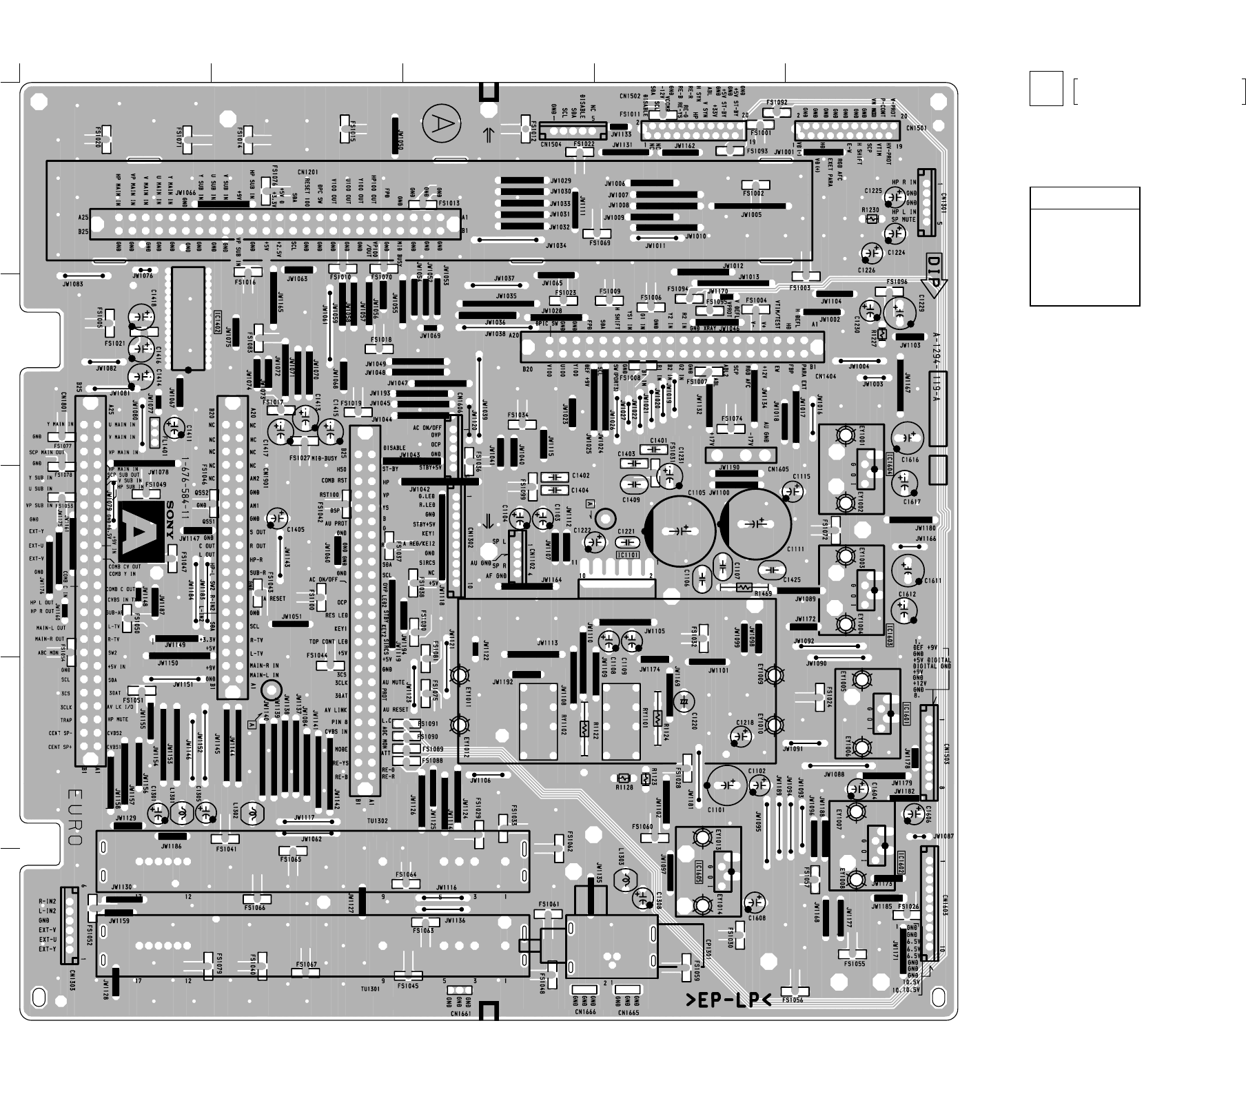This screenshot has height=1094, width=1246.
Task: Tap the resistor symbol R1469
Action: pyautogui.click(x=743, y=588)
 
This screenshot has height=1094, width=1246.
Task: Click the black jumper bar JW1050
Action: pyautogui.click(x=396, y=133)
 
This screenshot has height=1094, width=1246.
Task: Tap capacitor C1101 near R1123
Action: pyautogui.click(x=726, y=785)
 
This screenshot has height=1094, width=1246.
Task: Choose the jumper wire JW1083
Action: pyautogui.click(x=83, y=276)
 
